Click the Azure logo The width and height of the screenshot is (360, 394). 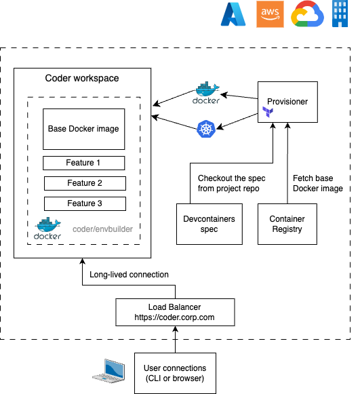coord(233,14)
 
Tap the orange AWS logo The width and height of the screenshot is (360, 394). coord(270,14)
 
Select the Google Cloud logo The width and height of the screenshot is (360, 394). coord(308,14)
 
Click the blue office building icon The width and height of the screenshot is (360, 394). coord(340,14)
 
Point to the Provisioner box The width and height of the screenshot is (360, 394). coord(287,102)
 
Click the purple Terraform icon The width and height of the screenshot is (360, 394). coord(268,112)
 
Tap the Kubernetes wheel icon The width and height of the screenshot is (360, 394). coord(206,129)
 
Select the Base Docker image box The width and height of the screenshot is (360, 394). coord(83,129)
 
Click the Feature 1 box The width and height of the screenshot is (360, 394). coord(83,163)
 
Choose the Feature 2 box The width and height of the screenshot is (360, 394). coord(85,183)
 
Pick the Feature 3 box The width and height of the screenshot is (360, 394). coord(85,204)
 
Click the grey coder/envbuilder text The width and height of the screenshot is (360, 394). coord(103,229)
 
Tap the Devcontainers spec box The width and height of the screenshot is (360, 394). coord(209,224)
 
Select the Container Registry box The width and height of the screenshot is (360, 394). coord(287,224)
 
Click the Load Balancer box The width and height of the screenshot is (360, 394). coord(175,313)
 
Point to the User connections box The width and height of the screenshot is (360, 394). coord(175,373)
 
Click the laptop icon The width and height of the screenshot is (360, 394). coord(108,371)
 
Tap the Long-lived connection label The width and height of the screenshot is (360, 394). coord(129,275)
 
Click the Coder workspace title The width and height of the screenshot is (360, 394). coord(82,79)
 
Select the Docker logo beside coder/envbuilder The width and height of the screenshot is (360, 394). coord(47,228)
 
